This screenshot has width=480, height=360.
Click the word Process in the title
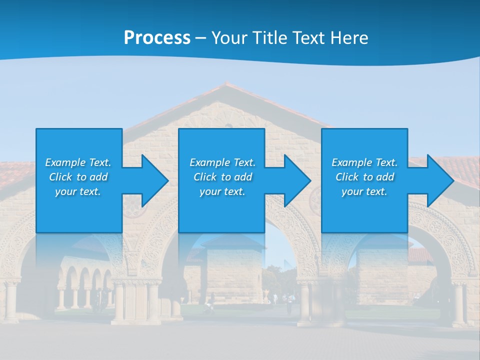pos(157,38)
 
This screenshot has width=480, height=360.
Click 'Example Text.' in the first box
pos(78,162)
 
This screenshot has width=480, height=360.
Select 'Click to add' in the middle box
pos(222,177)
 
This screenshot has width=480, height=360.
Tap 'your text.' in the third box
pos(364,191)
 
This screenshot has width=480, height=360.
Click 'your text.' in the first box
pos(78,191)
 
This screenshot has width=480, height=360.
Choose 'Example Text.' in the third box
pos(364,162)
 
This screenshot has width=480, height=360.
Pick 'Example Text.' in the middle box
pos(222,162)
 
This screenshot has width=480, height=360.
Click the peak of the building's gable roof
pos(226,84)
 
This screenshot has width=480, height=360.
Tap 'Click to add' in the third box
pos(364,177)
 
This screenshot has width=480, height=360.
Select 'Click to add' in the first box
pos(78,177)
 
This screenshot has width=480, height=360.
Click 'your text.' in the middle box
pos(222,191)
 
